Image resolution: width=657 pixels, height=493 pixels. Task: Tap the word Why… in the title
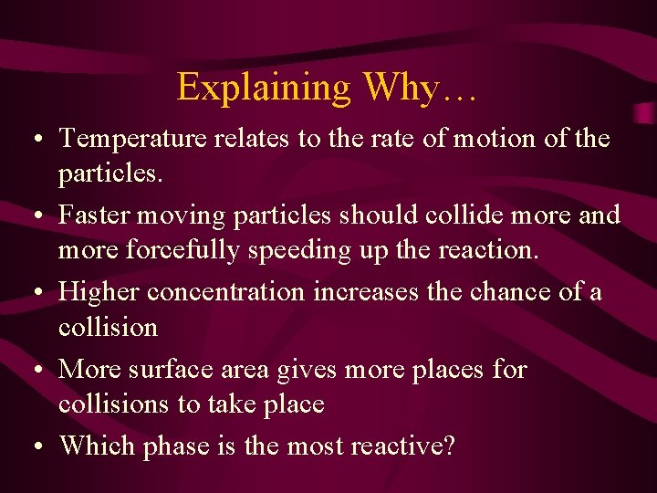420,88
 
